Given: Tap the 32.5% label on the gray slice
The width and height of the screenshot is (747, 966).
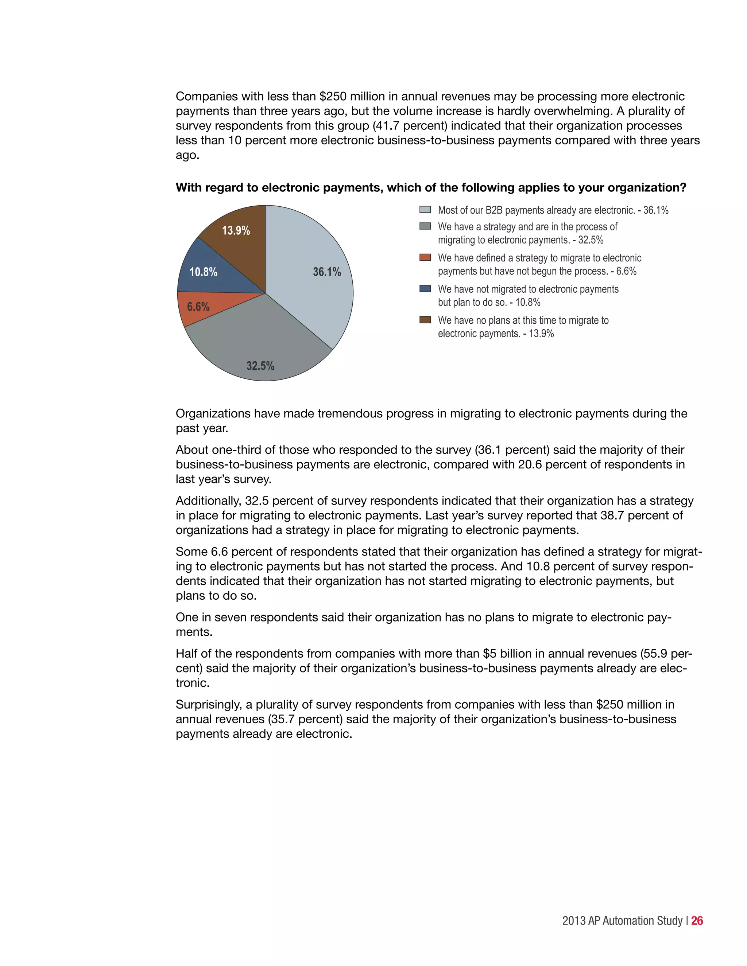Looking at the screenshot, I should [260, 366].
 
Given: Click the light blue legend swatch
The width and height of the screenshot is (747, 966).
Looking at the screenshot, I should [425, 210].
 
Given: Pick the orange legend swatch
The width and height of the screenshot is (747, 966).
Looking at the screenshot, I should [425, 257].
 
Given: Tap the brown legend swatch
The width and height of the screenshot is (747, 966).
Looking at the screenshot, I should [425, 320].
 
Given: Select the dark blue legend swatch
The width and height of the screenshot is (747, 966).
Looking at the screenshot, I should [425, 288].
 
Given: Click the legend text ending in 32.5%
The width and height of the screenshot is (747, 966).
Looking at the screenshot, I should [520, 240].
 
